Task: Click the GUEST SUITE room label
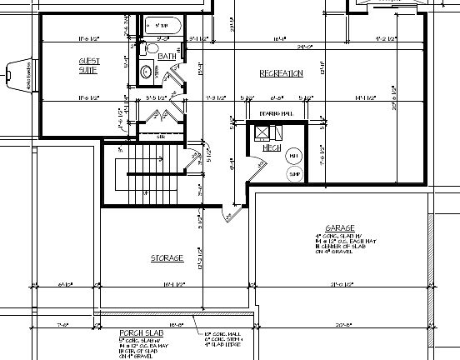point(88,65)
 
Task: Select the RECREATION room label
point(281,74)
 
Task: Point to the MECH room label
point(271,147)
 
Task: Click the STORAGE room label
point(167,258)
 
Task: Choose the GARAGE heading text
point(341,227)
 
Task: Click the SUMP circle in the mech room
point(294,173)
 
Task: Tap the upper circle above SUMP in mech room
point(294,156)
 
